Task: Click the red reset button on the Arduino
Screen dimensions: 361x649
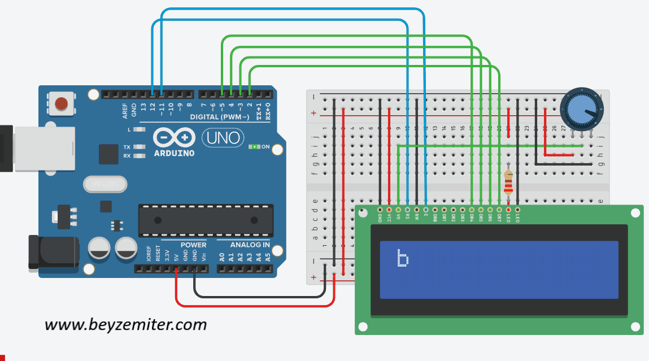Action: tap(61, 103)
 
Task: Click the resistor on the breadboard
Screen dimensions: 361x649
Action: tap(508, 182)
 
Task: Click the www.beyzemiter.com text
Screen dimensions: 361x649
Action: tap(125, 325)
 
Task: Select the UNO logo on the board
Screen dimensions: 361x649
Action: tap(223, 137)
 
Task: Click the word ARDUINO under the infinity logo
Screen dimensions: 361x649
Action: tap(174, 153)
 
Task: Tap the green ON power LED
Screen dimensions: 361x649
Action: tap(254, 147)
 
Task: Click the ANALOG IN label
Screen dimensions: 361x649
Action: tap(250, 245)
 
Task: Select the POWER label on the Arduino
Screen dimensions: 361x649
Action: tap(193, 245)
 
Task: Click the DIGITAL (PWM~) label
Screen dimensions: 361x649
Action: tap(220, 117)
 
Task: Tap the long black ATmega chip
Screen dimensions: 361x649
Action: tap(206, 220)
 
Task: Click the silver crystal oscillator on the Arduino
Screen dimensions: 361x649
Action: tap(106, 184)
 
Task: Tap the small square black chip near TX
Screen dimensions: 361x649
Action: tap(108, 154)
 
